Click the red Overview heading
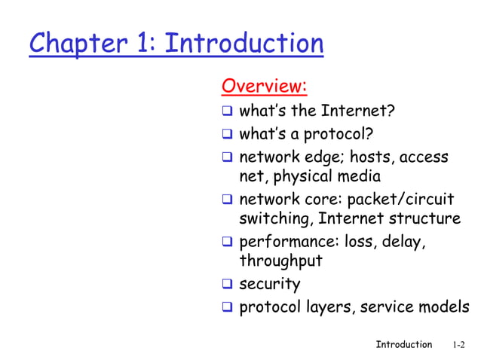pyautogui.click(x=264, y=87)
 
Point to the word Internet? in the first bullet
pyautogui.click(x=358, y=112)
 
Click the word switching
pyautogui.click(x=275, y=219)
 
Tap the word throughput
pyautogui.click(x=280, y=261)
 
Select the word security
pyautogui.click(x=270, y=284)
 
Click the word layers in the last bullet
pyautogui.click(x=329, y=307)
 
